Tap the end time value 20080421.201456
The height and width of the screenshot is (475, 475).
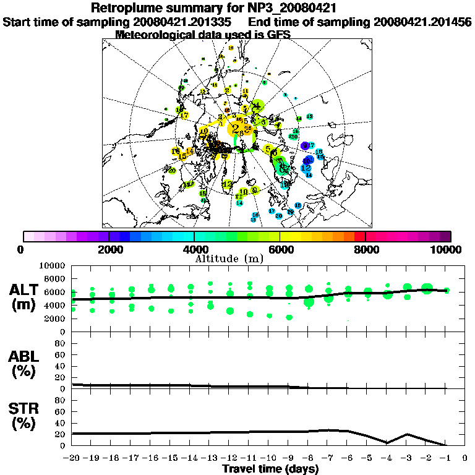coord(422,22)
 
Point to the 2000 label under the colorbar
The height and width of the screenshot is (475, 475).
coord(109,249)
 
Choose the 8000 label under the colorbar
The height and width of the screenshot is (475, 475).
coord(366,249)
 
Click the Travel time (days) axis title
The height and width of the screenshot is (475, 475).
coord(270,469)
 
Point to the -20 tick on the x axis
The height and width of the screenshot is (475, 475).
coord(72,458)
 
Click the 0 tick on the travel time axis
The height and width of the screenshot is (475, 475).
coord(464,458)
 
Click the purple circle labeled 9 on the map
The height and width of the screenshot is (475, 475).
coord(304,145)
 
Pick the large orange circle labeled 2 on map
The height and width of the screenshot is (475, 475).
coord(236,129)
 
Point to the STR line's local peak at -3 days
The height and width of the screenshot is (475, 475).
coord(406,434)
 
